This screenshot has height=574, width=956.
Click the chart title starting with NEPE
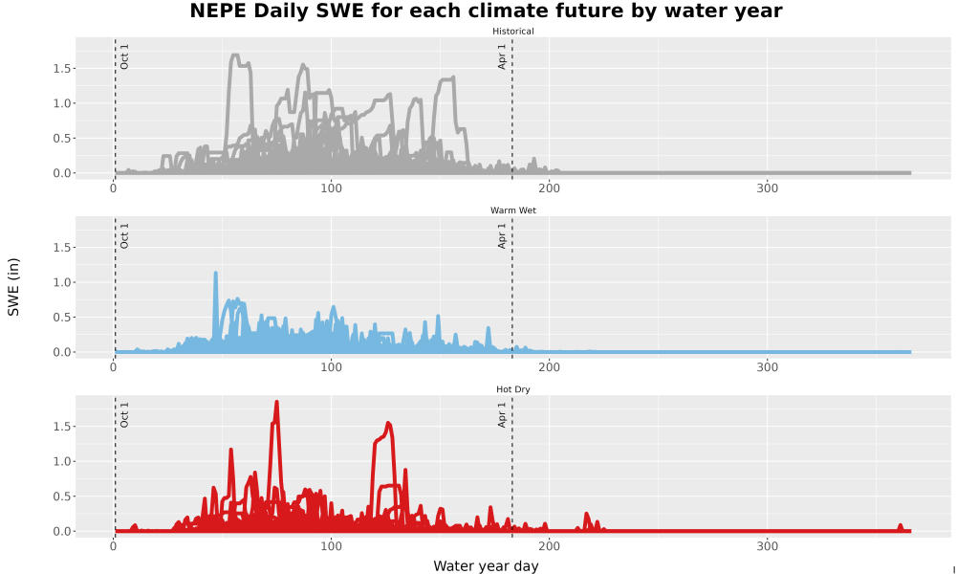click(x=486, y=11)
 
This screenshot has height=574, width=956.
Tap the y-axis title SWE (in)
click(x=13, y=287)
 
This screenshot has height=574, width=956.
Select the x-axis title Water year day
click(x=486, y=566)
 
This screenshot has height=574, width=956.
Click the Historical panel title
click(x=512, y=32)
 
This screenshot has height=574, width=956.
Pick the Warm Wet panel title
click(x=512, y=210)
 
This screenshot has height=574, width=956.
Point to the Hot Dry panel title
click(x=512, y=389)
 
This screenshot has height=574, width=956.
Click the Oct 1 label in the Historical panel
click(x=124, y=56)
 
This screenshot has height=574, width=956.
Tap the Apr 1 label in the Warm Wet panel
click(x=502, y=235)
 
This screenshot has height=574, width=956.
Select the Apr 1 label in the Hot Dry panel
click(x=502, y=414)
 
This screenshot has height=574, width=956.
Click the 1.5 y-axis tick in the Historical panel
click(x=61, y=68)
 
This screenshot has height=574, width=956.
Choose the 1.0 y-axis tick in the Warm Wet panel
click(x=61, y=282)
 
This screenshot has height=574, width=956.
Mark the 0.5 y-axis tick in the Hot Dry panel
click(x=61, y=497)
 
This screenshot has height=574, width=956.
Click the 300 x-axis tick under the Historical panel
click(x=767, y=188)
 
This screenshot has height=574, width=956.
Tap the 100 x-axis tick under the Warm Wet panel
click(x=331, y=367)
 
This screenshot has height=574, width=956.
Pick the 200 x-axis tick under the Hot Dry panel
click(x=550, y=546)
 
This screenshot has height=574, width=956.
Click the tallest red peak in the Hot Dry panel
click(x=277, y=403)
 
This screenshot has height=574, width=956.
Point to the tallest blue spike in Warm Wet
click(x=216, y=274)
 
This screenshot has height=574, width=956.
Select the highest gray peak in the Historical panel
click(x=235, y=55)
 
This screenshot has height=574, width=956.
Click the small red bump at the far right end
click(x=900, y=526)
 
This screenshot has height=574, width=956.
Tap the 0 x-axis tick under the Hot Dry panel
click(x=114, y=546)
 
